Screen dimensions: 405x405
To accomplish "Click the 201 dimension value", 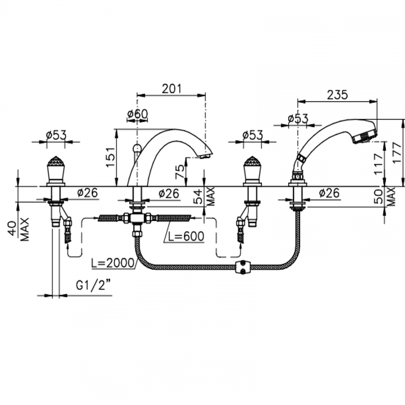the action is coord(171,89).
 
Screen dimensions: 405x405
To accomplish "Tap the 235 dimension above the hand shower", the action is coord(337,95).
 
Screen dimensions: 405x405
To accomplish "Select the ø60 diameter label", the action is coord(138,114).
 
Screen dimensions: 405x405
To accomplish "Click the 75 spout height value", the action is coord(180,171).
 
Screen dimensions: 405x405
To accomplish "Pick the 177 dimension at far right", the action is coord(396,152).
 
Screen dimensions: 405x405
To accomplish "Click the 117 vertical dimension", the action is coord(379,164).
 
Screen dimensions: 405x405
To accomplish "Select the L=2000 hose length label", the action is coord(113,263).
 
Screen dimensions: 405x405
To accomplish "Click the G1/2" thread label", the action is coord(93,285).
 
